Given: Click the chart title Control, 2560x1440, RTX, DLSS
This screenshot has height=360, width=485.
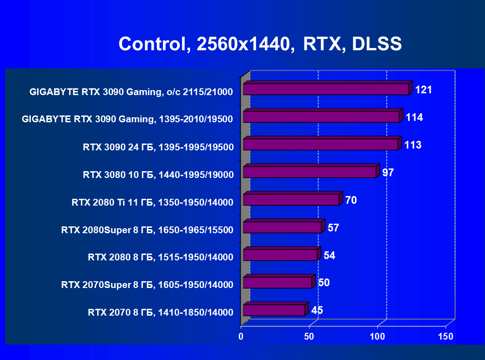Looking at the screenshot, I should (x=260, y=44).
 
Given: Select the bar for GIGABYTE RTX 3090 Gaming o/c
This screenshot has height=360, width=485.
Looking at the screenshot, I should (x=326, y=89).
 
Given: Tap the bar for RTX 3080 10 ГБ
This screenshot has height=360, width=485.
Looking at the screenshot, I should (x=309, y=172).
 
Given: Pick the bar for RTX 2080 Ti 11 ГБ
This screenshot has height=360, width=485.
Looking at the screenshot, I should (x=291, y=200).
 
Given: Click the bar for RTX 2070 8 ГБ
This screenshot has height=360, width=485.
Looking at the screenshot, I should (x=274, y=310).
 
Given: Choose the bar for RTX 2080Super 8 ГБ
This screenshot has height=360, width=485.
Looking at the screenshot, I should (x=282, y=227).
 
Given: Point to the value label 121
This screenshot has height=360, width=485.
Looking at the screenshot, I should (x=423, y=90).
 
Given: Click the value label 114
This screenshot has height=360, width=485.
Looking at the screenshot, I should (x=414, y=117).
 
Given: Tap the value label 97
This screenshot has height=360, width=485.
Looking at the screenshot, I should (x=388, y=173).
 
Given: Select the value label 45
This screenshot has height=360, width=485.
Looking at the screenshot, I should (x=317, y=310).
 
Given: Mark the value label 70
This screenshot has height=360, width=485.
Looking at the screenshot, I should (x=351, y=200).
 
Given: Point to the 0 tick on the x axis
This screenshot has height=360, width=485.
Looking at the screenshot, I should (x=241, y=336).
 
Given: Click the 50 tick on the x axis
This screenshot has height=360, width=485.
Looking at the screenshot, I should (x=309, y=336).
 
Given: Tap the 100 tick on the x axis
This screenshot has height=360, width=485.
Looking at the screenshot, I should (x=377, y=336).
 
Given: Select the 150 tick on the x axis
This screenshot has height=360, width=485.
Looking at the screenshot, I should (x=446, y=336).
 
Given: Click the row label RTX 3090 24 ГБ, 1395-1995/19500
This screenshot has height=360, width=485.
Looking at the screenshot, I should (x=158, y=147).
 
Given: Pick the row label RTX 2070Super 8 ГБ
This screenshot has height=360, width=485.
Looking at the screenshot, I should (x=147, y=285).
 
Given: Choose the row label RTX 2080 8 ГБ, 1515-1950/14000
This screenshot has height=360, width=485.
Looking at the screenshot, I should (x=161, y=258).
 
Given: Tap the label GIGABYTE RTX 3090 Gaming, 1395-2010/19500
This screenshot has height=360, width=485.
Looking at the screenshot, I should (x=127, y=120).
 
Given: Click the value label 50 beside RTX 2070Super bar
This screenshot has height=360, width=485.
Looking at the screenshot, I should (x=323, y=283).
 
